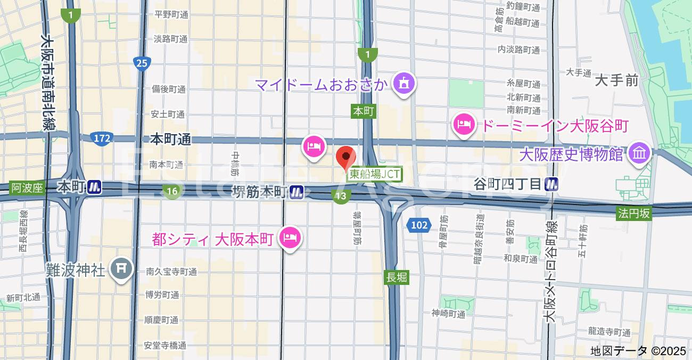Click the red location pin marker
coord(347,157)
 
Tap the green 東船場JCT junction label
coord(374,174)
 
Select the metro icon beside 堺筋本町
coord(297,192)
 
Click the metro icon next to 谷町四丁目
coord(551,185)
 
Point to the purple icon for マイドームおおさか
coord(404,83)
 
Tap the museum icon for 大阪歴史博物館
coord(638,154)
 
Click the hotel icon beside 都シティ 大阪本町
coord(290,238)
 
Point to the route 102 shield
coord(419,225)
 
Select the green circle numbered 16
coord(171,191)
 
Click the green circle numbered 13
coord(341,197)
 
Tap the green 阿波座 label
coord(27,187)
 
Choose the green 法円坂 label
coord(634,214)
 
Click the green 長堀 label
coord(397,277)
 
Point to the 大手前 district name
coord(616,81)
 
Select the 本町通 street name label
coord(170,140)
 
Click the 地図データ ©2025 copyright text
coord(639,351)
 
